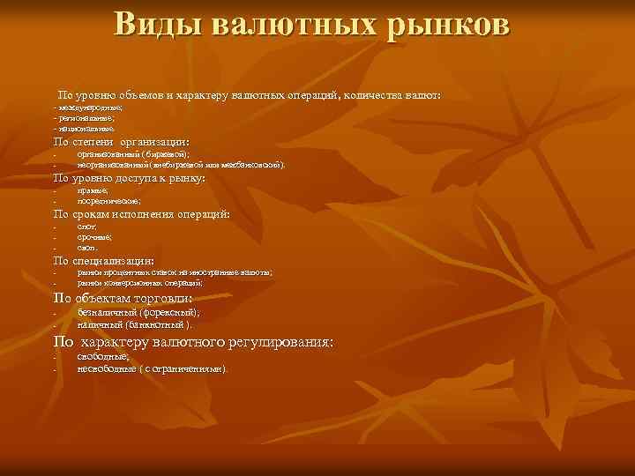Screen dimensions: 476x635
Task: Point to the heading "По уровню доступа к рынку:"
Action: pyautogui.click(x=129, y=178)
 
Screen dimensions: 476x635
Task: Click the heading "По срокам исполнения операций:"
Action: pyautogui.click(x=142, y=214)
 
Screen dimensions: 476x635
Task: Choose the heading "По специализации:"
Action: pyautogui.click(x=104, y=261)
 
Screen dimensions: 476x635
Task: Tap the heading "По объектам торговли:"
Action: pyautogui.click(x=123, y=299)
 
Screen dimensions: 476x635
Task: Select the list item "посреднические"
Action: pyautogui.click(x=108, y=201)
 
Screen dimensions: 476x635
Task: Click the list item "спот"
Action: pyautogui.click(x=86, y=227)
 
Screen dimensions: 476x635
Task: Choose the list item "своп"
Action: pyautogui.click(x=87, y=249)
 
